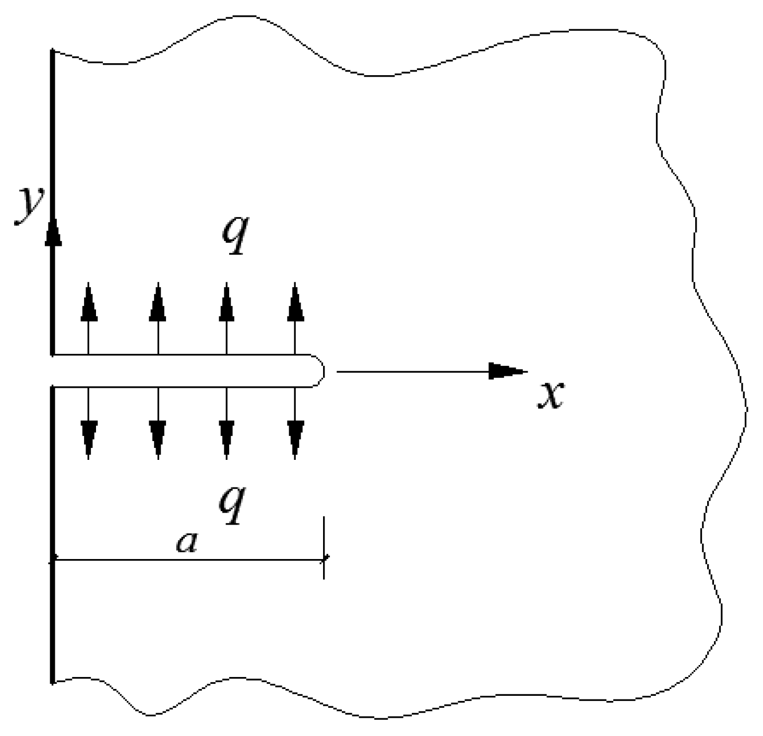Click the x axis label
pos(551,395)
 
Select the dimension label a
pos(187,543)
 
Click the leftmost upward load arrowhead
pos(89,302)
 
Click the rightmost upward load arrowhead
pos(295,302)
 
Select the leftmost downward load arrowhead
pos(89,440)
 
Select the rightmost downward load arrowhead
pos(295,440)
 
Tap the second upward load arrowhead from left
pos(158,302)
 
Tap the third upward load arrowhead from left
pos(226,302)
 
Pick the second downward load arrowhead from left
pos(158,440)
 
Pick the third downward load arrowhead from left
pos(226,440)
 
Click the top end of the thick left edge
pos(52,51)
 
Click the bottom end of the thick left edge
pos(52,681)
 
